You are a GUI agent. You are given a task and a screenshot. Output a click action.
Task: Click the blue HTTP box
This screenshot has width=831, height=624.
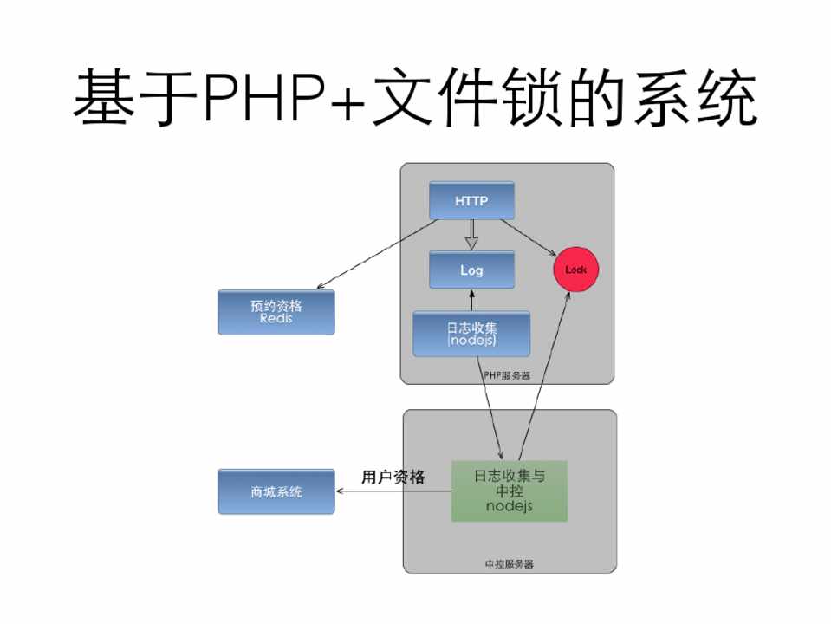[471, 200]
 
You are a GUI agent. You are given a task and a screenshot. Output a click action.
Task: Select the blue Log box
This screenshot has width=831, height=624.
[471, 270]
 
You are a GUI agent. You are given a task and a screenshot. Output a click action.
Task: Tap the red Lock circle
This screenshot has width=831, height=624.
[575, 270]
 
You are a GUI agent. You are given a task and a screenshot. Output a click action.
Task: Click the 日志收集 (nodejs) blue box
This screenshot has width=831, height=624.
[471, 334]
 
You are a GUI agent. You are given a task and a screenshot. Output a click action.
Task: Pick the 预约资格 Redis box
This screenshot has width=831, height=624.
[276, 312]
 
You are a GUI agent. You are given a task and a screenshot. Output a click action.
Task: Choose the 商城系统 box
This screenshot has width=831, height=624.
[276, 491]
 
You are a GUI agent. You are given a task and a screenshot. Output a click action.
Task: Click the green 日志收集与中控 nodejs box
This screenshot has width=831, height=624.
[510, 491]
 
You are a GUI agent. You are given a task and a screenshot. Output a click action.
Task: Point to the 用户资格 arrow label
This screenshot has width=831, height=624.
[393, 477]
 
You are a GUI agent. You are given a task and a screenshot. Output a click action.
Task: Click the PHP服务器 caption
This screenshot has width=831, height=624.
[507, 376]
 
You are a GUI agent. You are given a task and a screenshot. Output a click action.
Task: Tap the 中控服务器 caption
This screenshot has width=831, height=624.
[509, 564]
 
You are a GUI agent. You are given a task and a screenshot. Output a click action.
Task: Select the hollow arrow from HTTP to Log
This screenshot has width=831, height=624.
[471, 235]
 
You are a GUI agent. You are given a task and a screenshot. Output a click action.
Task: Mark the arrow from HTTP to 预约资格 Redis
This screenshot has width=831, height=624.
[378, 253]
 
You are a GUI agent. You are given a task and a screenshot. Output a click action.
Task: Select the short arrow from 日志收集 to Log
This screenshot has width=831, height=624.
[471, 300]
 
